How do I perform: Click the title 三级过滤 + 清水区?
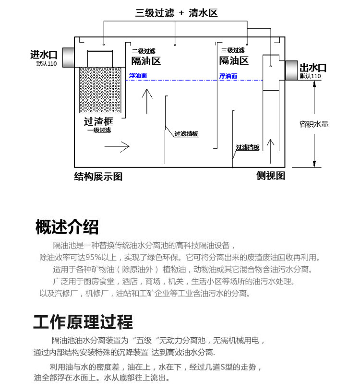pos(176,13)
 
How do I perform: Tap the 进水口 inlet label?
pos(44,56)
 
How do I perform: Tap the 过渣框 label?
pos(98,122)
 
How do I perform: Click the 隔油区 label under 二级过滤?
pos(146,61)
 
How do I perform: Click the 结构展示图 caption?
pos(98,177)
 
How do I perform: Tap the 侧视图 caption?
pos(271,176)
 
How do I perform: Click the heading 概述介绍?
pos(67,226)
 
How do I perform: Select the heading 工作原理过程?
pos(83,322)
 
